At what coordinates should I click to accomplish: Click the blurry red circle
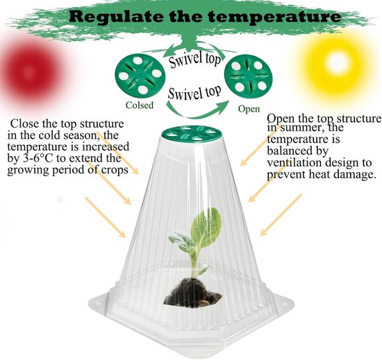29,71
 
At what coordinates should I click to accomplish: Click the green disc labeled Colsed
140,75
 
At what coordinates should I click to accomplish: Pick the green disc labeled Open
249,76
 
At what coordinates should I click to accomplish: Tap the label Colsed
140,105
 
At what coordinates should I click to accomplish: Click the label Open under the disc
249,109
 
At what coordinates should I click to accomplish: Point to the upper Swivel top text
195,59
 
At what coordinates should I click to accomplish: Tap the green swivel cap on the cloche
192,134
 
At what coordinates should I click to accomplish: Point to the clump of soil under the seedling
192,293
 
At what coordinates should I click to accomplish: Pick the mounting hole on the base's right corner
283,305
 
